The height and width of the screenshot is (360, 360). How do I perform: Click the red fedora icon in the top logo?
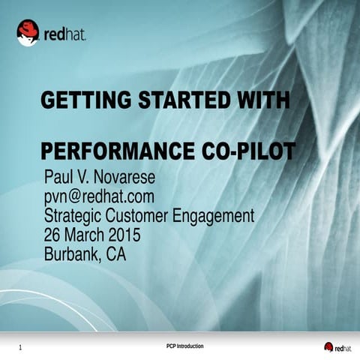(28, 32)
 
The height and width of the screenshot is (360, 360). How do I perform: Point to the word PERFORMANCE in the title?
(118, 151)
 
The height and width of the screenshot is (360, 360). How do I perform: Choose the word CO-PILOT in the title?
(248, 151)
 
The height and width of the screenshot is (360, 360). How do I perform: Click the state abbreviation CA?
(116, 255)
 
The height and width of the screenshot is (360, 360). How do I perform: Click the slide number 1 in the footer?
(19, 347)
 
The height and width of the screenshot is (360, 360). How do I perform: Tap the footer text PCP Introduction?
(184, 345)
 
